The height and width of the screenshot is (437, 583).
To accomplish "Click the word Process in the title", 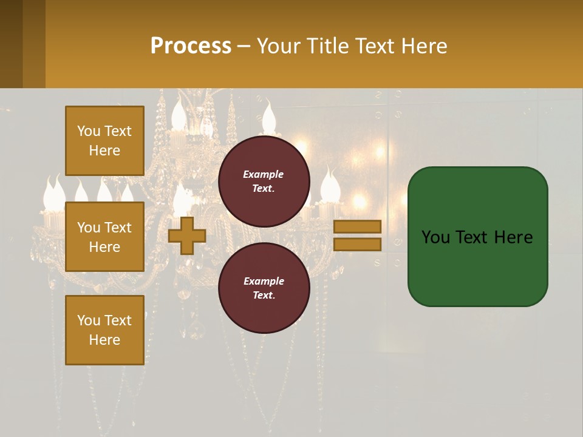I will (x=191, y=46).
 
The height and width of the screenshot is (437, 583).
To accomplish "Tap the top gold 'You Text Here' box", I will (x=104, y=141).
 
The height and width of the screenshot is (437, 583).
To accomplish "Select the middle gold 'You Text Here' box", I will (x=104, y=237).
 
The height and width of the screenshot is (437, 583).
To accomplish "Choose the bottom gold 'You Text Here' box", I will (x=104, y=330).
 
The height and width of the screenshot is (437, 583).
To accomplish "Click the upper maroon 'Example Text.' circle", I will (x=264, y=181).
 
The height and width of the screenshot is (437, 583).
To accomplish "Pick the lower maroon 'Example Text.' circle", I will (x=264, y=288).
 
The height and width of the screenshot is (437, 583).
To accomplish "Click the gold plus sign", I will (x=187, y=236).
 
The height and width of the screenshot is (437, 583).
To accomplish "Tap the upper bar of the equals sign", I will (x=357, y=226).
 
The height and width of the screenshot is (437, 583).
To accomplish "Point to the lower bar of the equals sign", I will (x=357, y=244).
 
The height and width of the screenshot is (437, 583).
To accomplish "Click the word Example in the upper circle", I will (x=263, y=174).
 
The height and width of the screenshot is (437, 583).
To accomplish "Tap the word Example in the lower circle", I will (x=263, y=281).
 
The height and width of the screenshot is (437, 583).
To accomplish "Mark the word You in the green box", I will (x=435, y=237).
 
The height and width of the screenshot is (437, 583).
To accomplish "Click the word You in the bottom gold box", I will (x=88, y=320).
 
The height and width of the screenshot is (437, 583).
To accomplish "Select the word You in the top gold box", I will (x=88, y=131).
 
